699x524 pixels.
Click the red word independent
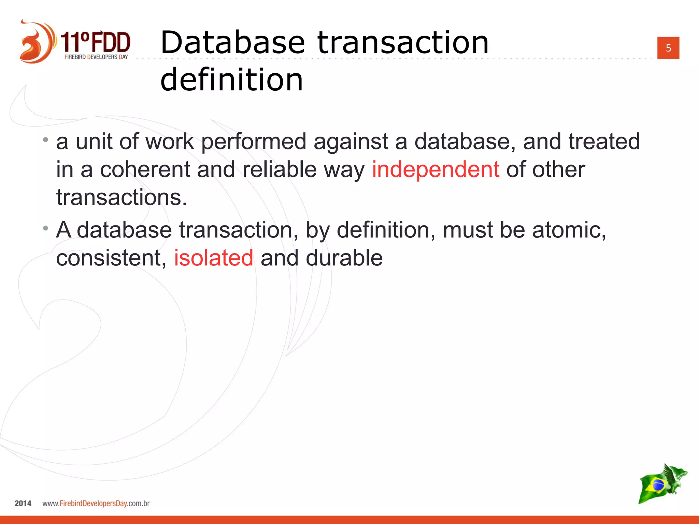tap(435, 170)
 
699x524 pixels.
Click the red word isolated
tap(214, 258)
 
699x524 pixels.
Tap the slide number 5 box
tap(668, 48)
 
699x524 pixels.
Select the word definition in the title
tap(231, 79)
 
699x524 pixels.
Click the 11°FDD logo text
tap(96, 42)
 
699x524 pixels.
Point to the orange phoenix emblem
tap(36, 42)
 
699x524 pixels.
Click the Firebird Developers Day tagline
tap(96, 57)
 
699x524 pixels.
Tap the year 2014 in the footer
tap(23, 503)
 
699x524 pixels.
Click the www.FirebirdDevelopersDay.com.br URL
tap(96, 503)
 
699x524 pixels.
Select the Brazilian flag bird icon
tap(662, 483)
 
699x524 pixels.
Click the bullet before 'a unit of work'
tap(46, 140)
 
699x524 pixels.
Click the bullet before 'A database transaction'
tap(46, 228)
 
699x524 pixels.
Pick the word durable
tap(344, 258)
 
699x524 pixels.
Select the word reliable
tap(280, 170)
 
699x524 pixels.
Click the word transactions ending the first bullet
tap(121, 198)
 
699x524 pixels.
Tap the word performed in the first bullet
tap(254, 142)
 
